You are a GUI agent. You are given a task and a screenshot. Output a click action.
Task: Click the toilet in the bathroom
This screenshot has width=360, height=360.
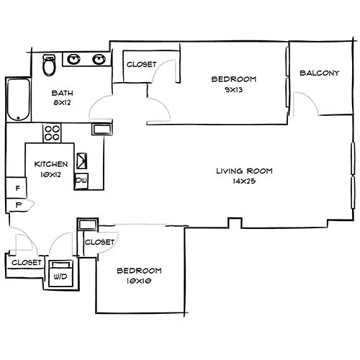pos(49,66)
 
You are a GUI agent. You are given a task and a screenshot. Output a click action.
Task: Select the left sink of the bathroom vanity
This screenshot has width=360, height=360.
pos(75,58)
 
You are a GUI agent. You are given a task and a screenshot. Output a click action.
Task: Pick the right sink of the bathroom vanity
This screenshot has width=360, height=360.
pos(99,58)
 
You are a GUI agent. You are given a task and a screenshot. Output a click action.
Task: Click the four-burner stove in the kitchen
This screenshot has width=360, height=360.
pos(52,133)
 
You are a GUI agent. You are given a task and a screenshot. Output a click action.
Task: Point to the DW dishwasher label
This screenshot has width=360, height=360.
pos(81,180)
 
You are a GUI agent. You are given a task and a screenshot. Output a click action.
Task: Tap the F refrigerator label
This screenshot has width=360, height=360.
pos(17,189)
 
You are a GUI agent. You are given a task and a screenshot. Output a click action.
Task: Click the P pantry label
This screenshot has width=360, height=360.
pos(17,205)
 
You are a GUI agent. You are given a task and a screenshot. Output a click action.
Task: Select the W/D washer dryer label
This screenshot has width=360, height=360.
pos(60,274)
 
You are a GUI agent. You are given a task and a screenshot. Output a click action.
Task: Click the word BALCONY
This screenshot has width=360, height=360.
pos(319,73)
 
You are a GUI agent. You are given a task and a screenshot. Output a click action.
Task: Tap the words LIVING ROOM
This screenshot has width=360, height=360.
pos(246,171)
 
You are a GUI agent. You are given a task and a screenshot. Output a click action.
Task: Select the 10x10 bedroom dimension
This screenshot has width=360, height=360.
pos(139,281)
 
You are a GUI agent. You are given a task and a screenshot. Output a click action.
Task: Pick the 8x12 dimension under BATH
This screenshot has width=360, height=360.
pos(61,102)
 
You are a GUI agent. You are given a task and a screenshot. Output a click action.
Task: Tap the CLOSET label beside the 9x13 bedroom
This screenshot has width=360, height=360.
pos(141,65)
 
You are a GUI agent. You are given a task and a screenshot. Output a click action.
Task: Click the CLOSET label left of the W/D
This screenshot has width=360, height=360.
pos(26,263)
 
